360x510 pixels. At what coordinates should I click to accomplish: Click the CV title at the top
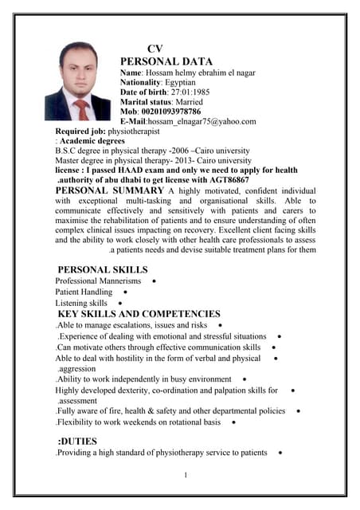155,49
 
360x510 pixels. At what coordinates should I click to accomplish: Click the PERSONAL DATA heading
166,61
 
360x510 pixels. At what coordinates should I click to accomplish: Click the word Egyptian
182,82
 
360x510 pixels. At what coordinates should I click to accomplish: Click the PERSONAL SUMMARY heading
110,191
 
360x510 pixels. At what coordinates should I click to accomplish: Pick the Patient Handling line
84,292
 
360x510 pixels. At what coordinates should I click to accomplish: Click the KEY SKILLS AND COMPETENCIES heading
139,314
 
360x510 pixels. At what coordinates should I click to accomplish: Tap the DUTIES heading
78,441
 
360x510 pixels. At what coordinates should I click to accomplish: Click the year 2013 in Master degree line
182,160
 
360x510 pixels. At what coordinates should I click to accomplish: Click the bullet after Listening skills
119,304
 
